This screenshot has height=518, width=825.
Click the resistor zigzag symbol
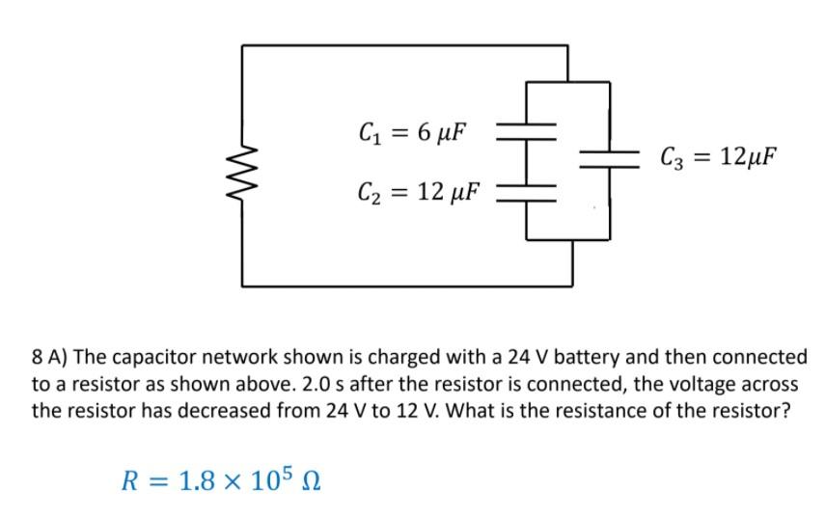click(242, 164)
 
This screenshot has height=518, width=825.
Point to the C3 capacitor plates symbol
click(610, 158)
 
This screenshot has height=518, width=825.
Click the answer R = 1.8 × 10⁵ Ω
click(220, 478)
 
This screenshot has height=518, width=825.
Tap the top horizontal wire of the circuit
click(405, 44)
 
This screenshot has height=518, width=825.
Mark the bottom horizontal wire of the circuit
click(405, 286)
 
